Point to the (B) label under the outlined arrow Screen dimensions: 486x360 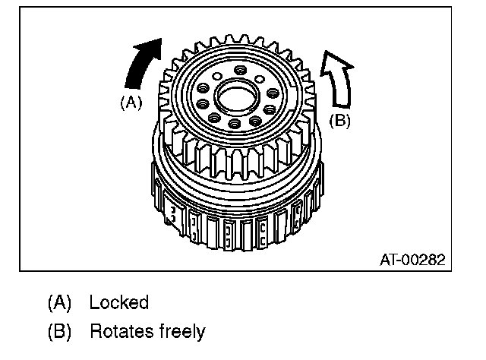339,119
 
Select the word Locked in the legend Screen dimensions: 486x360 118,302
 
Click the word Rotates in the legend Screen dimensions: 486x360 121,331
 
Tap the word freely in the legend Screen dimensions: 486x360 181,331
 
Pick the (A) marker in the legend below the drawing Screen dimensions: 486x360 59,302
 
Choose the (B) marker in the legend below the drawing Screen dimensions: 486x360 59,331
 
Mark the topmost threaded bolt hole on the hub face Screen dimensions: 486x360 241,71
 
